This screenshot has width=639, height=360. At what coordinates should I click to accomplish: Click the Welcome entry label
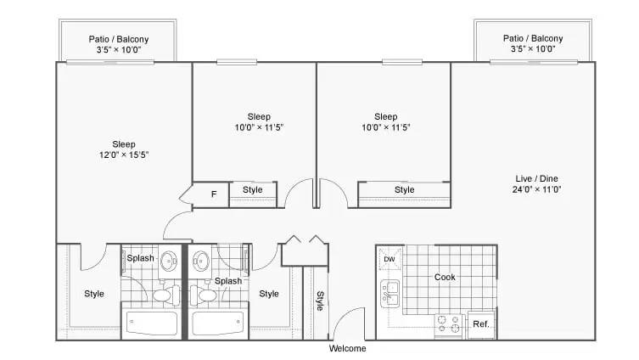pos(347,349)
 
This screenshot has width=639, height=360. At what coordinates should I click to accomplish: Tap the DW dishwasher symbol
pos(390,259)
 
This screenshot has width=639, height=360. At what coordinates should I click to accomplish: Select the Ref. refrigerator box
pos(481,324)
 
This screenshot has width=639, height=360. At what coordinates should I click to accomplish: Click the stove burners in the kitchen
pos(448,324)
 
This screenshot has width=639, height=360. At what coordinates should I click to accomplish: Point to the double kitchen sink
pos(390,294)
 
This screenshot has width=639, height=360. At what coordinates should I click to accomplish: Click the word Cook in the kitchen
pos(445,278)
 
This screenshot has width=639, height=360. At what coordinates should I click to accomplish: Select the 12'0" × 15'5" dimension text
pos(124,155)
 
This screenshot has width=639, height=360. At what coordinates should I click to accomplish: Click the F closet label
pos(214,194)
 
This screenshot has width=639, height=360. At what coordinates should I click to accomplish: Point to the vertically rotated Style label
pos(320,301)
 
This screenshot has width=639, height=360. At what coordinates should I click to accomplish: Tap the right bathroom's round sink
pos(201,261)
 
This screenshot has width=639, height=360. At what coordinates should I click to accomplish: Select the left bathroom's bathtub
pos(152,323)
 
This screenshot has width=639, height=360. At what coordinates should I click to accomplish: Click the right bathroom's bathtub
pos(218,323)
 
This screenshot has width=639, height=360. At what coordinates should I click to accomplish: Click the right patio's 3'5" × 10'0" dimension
pos(533,49)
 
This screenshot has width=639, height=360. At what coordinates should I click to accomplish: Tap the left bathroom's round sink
pos(169,261)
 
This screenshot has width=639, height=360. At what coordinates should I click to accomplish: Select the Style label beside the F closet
pos(253,190)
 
